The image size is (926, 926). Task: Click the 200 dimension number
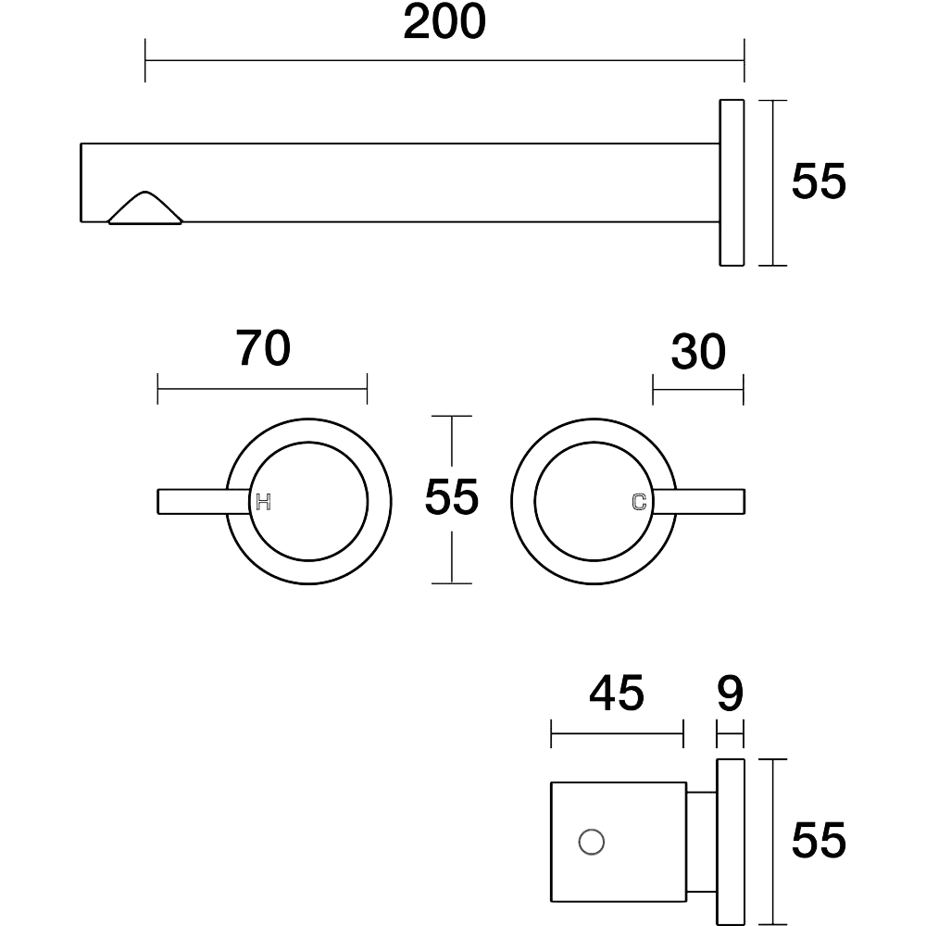click(444, 22)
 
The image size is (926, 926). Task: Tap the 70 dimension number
click(263, 348)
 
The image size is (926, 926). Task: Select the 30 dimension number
click(698, 352)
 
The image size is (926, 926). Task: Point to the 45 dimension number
click(617, 693)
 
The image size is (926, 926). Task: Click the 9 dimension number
click(730, 693)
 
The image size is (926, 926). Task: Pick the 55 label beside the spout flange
click(819, 181)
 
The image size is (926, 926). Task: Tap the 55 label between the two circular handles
click(451, 497)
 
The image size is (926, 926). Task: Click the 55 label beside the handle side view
click(819, 840)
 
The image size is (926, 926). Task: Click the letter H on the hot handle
click(263, 503)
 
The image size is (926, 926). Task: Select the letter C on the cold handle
click(639, 502)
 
